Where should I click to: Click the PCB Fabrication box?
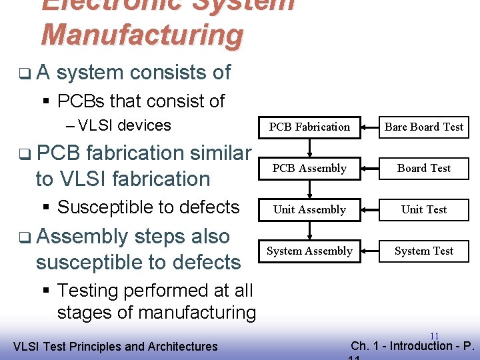309,127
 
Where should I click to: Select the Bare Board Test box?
424,127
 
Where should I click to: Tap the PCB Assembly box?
309,168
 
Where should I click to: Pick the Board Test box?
424,168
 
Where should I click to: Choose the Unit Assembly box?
309,209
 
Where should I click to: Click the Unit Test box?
424,209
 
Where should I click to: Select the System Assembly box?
309,251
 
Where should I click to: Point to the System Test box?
424,251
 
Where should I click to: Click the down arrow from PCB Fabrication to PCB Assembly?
309,147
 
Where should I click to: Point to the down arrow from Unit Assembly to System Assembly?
309,230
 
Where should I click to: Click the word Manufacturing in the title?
142,35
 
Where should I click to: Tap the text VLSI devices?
125,125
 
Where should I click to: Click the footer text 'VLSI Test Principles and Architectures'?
115,346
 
